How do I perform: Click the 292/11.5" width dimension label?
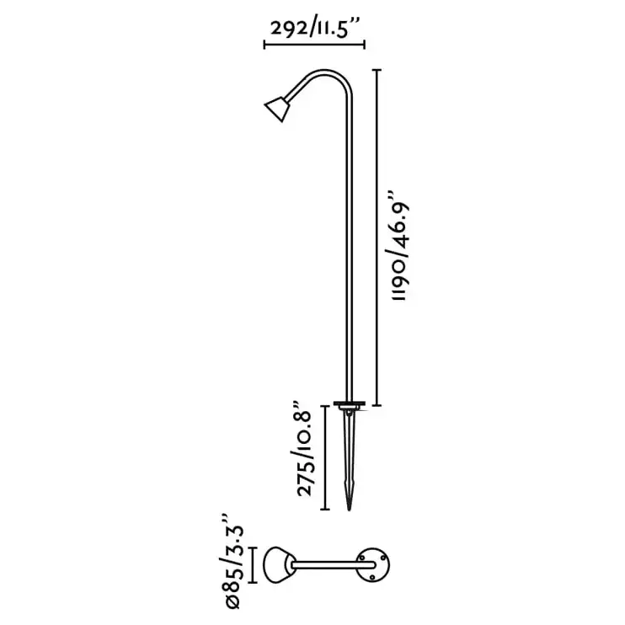click(x=314, y=26)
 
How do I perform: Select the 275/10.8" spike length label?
click(x=306, y=454)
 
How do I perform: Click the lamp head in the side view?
click(x=276, y=108)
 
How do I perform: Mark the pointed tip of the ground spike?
click(x=350, y=508)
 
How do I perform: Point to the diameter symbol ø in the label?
click(x=233, y=599)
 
